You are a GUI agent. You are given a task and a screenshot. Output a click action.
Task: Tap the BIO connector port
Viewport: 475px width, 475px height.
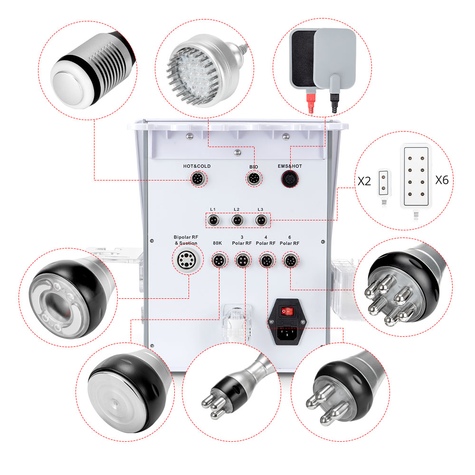click(252, 179)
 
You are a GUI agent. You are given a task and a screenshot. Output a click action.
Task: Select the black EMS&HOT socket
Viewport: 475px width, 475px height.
click(288, 179)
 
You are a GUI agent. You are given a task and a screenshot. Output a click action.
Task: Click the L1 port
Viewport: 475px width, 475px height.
click(214, 221)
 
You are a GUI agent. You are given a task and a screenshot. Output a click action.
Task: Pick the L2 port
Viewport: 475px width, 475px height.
click(237, 221)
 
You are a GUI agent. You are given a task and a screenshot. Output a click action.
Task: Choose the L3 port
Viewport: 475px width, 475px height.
click(260, 221)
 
